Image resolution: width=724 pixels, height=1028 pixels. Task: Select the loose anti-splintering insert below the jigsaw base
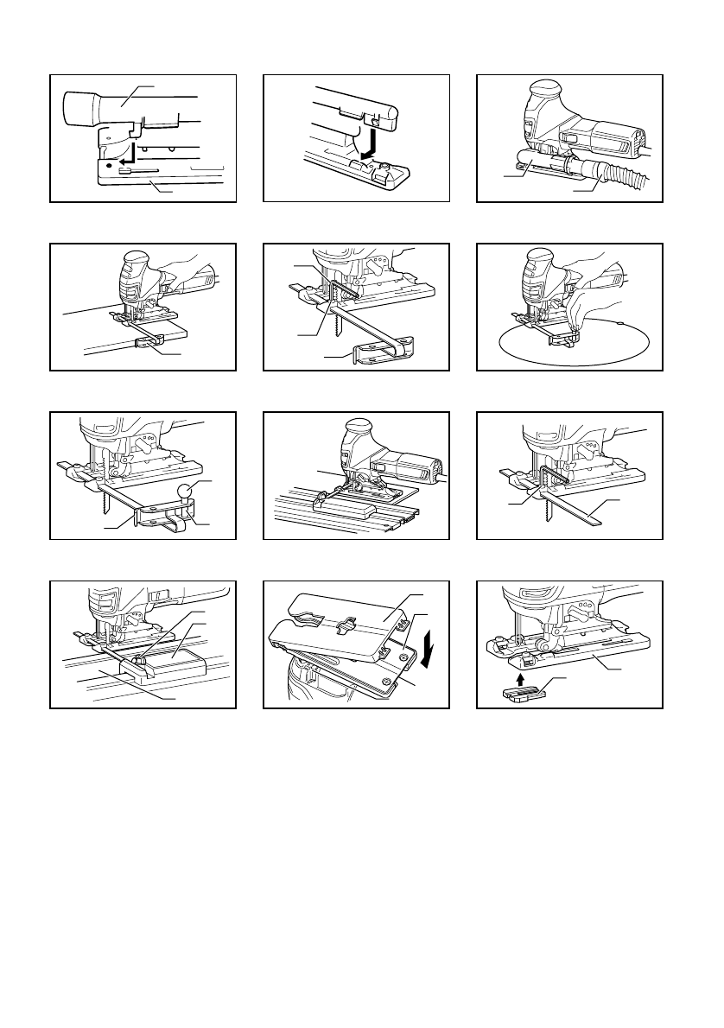click(x=524, y=695)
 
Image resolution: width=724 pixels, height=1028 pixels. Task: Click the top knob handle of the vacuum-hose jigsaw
click(x=545, y=89)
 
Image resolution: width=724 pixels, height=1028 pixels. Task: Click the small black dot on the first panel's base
click(x=109, y=163)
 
